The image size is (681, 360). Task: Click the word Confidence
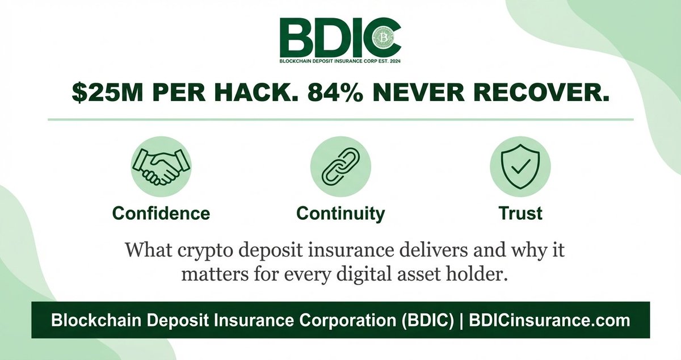click(x=161, y=213)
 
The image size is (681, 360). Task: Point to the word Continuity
click(x=340, y=214)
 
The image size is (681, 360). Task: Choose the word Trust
click(x=520, y=213)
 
